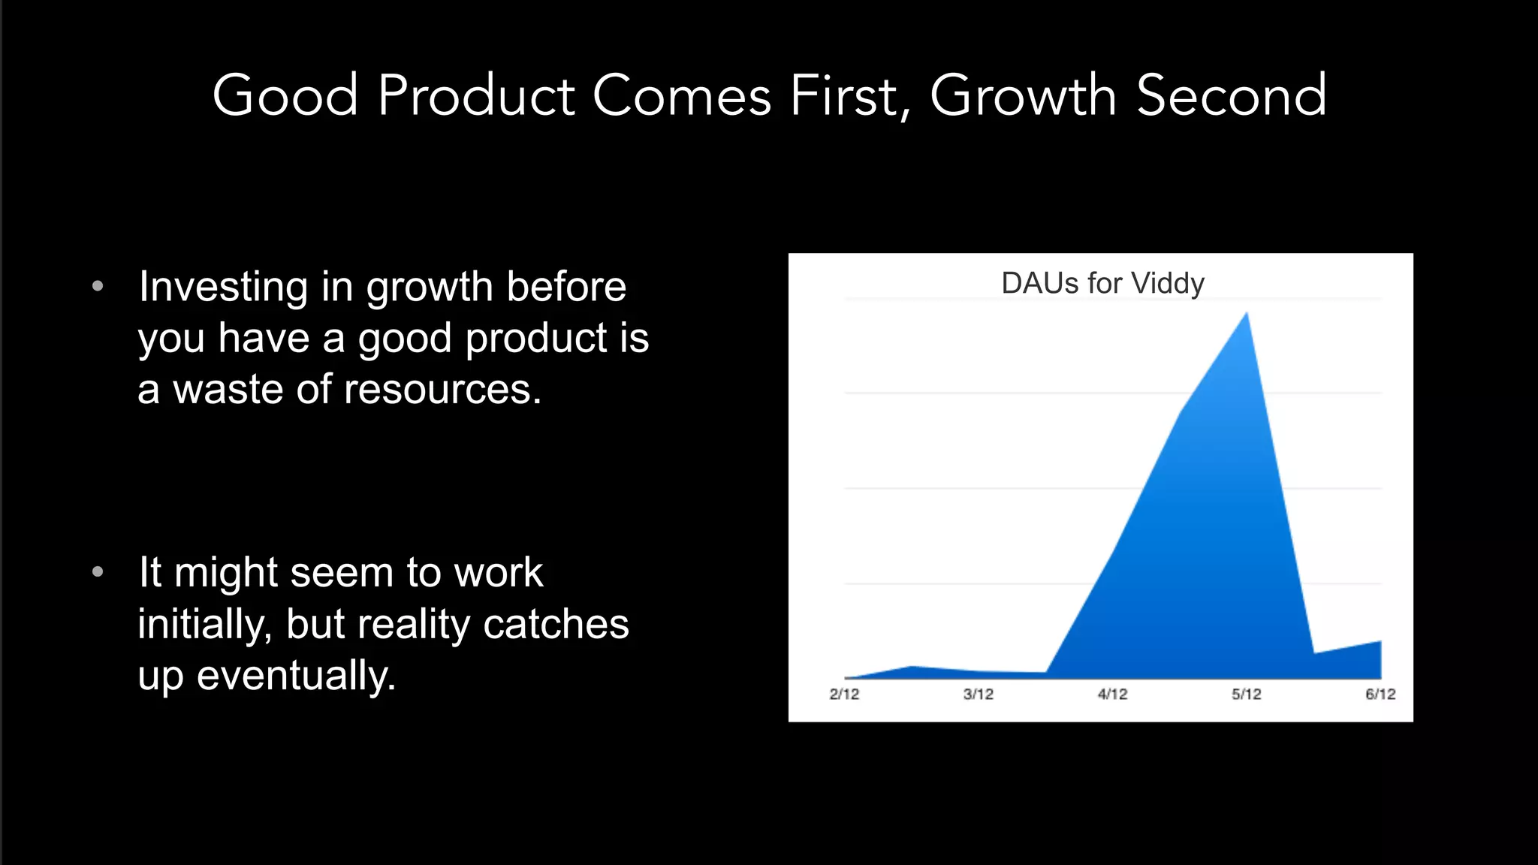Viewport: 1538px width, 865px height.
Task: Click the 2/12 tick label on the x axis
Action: click(x=844, y=694)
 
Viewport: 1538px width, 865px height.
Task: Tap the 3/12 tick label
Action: click(x=978, y=694)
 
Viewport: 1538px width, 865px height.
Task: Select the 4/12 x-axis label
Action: click(x=1112, y=694)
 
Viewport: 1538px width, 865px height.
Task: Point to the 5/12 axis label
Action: click(x=1246, y=694)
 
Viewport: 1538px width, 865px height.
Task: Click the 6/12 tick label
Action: click(x=1380, y=694)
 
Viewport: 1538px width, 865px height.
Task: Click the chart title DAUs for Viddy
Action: click(x=1102, y=283)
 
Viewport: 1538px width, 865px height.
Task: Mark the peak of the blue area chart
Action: click(x=1247, y=314)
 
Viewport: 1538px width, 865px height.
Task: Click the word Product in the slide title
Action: click(x=476, y=95)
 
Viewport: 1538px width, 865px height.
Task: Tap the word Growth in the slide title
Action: click(x=1023, y=95)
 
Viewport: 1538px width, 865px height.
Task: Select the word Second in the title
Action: click(x=1232, y=95)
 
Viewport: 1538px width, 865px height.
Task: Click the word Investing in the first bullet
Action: click(x=223, y=287)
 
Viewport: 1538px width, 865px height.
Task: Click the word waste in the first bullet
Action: click(x=228, y=389)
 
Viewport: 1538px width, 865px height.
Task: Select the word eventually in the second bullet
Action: click(x=295, y=675)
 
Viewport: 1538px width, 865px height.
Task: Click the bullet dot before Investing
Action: click(x=98, y=286)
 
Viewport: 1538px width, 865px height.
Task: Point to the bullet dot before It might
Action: click(x=98, y=572)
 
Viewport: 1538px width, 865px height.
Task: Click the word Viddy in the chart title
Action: click(x=1168, y=283)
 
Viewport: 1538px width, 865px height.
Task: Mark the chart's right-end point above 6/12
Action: click(x=1380, y=642)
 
